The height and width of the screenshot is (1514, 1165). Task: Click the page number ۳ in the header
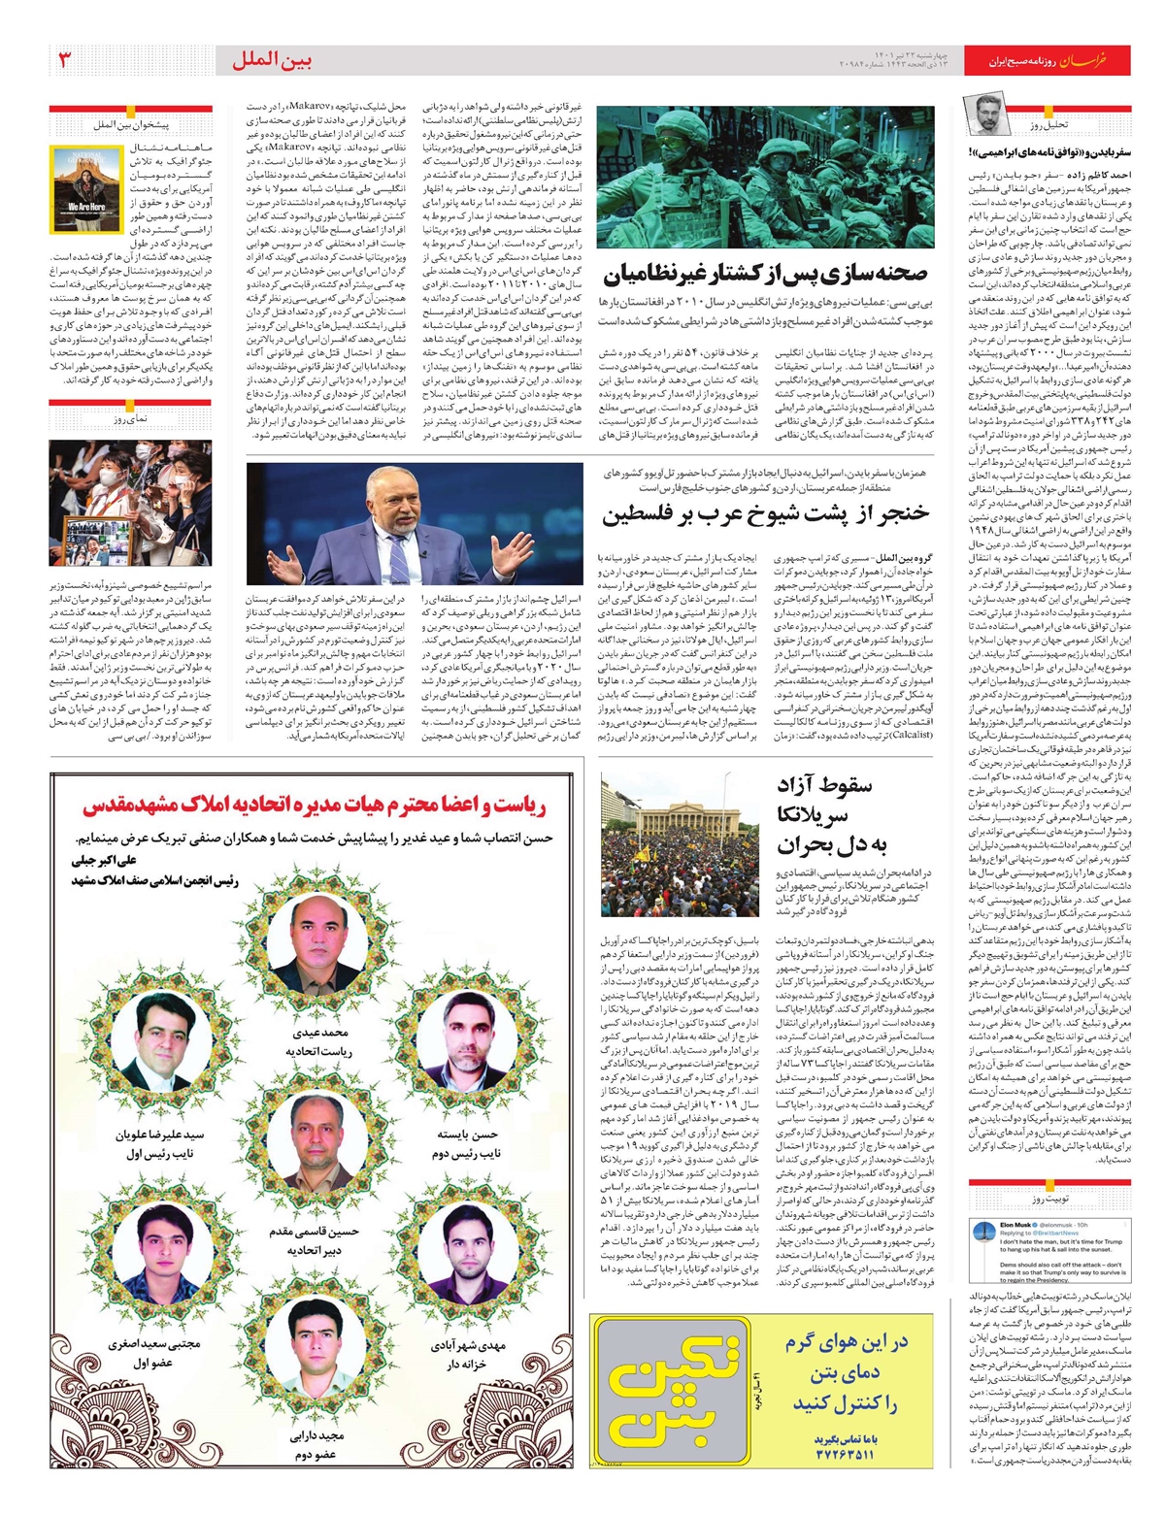point(66,61)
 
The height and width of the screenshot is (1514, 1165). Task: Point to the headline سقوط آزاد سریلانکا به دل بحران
point(825,815)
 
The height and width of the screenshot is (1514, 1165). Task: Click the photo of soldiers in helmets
point(766,177)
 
